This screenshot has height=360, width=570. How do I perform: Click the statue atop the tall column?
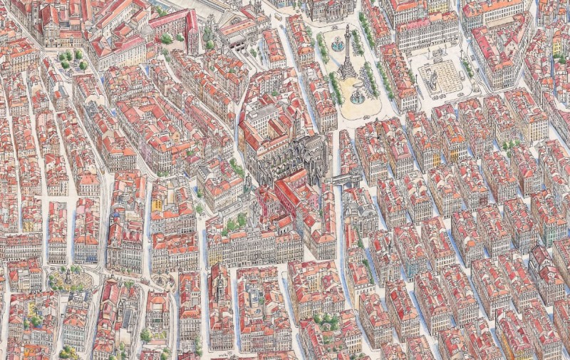pyautogui.click(x=347, y=29)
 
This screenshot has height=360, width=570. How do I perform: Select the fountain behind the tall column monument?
pyautogui.click(x=338, y=45)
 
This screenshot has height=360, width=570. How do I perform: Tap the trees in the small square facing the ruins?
pyautogui.click(x=236, y=223)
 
